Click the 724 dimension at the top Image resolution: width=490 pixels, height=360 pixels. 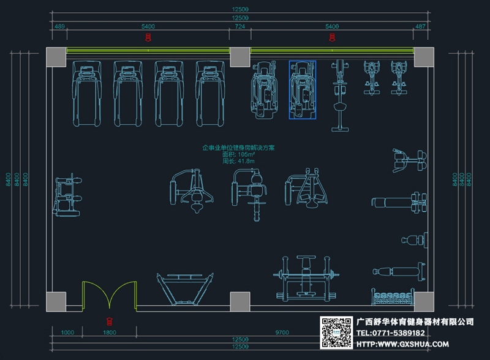(x=239, y=27)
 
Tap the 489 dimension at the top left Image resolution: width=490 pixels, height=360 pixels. (x=60, y=27)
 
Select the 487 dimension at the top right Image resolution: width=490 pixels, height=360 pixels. (x=420, y=27)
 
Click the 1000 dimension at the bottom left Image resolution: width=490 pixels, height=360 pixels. (x=67, y=332)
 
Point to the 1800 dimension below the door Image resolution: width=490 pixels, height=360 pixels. (x=110, y=332)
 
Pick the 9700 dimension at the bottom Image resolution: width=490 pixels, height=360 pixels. (x=282, y=332)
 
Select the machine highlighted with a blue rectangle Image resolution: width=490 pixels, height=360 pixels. (x=302, y=90)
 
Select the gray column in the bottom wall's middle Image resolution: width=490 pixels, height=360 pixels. (x=239, y=301)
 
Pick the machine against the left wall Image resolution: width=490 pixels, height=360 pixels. (x=66, y=195)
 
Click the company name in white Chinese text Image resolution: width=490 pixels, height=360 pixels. (x=415, y=321)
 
